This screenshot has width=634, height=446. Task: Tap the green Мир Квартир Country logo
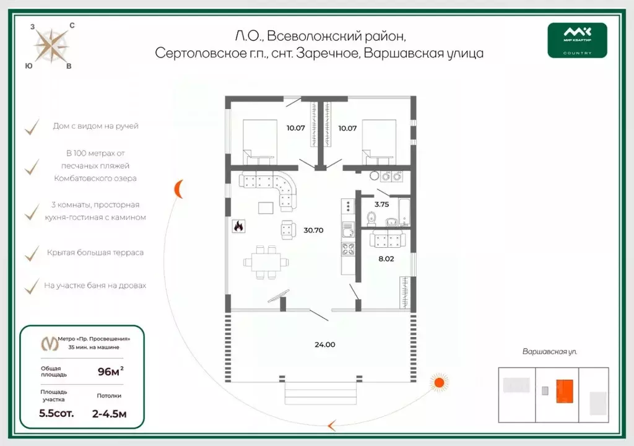click(577, 40)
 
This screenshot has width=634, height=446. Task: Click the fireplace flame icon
click(238, 227)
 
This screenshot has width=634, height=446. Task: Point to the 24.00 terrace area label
click(325, 344)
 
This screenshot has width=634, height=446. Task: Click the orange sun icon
click(440, 382)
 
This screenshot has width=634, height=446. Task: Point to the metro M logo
click(47, 343)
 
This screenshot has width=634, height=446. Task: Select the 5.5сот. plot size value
click(56, 413)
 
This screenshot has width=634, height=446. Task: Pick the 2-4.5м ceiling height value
click(109, 413)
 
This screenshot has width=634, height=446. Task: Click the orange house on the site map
click(564, 391)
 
